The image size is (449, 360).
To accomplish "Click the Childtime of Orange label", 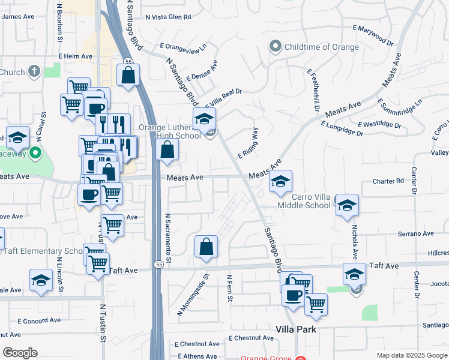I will [x=322, y=47].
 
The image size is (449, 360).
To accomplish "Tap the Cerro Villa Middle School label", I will [x=304, y=201].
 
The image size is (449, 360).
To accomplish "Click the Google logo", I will [x=20, y=353].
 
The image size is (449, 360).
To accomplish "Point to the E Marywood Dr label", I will [x=373, y=35].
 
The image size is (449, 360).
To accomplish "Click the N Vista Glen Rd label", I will [x=168, y=17].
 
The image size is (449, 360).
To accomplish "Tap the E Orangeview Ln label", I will [x=183, y=46].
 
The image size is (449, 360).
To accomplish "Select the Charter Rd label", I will [x=388, y=181].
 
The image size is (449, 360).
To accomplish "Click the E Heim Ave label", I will [x=75, y=56].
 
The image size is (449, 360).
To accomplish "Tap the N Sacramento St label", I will [x=169, y=238].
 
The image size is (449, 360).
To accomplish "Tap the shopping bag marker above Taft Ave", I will [x=206, y=247].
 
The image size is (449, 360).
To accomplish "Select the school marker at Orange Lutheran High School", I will [x=204, y=119].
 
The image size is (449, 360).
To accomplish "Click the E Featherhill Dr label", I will [x=313, y=90].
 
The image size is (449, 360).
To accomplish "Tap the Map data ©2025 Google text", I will [x=411, y=355].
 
